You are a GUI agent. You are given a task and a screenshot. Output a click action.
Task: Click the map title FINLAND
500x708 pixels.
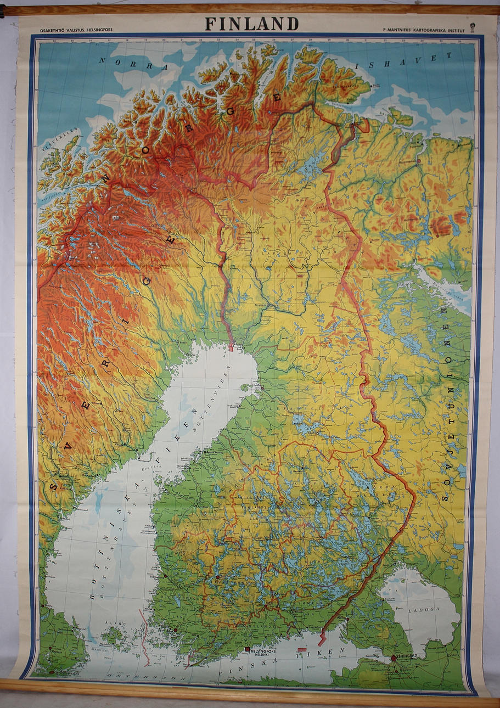[252, 24]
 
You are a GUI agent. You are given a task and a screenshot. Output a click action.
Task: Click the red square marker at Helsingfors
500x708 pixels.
[247, 650]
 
